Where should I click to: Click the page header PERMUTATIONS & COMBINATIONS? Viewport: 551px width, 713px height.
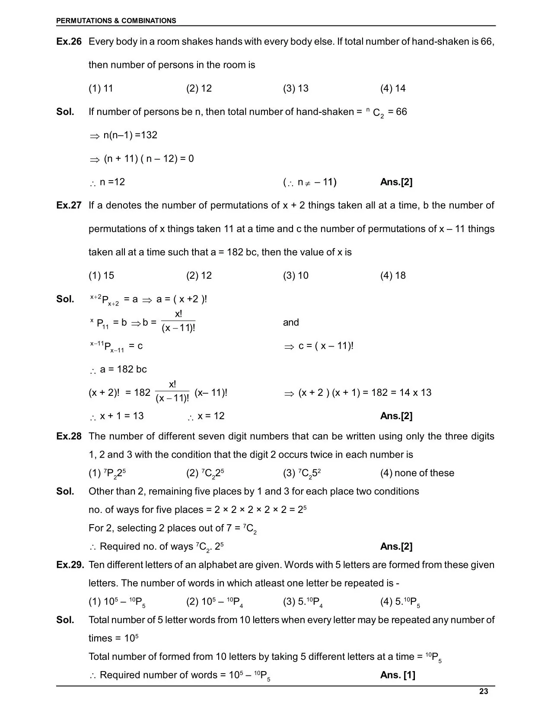point(116,20)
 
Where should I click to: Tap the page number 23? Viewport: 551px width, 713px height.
point(484,691)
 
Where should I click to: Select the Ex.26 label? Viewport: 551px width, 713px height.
point(69,41)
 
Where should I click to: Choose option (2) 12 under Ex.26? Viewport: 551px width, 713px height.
point(199,88)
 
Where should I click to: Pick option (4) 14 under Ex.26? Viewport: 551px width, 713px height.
point(393,88)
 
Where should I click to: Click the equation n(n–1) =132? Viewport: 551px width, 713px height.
point(130,135)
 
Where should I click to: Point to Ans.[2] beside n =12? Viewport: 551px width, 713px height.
point(396,182)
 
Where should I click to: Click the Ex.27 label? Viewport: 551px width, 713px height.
point(69,205)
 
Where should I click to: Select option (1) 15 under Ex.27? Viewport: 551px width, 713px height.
point(101,275)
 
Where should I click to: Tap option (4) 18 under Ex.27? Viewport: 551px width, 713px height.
point(393,275)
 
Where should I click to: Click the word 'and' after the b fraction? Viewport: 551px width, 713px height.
point(291,322)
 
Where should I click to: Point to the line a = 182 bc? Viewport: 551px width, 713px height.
point(123,369)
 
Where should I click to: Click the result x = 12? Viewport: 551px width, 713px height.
point(211,416)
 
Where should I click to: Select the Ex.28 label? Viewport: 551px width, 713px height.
point(69,436)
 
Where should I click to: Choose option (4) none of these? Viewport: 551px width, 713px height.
point(417,473)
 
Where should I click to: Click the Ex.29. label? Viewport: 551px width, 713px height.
point(70,565)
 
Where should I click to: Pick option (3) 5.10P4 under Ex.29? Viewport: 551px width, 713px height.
point(303,602)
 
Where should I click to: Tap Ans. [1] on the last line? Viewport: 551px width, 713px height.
point(398,675)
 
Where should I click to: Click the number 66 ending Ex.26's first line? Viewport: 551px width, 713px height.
point(487,41)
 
